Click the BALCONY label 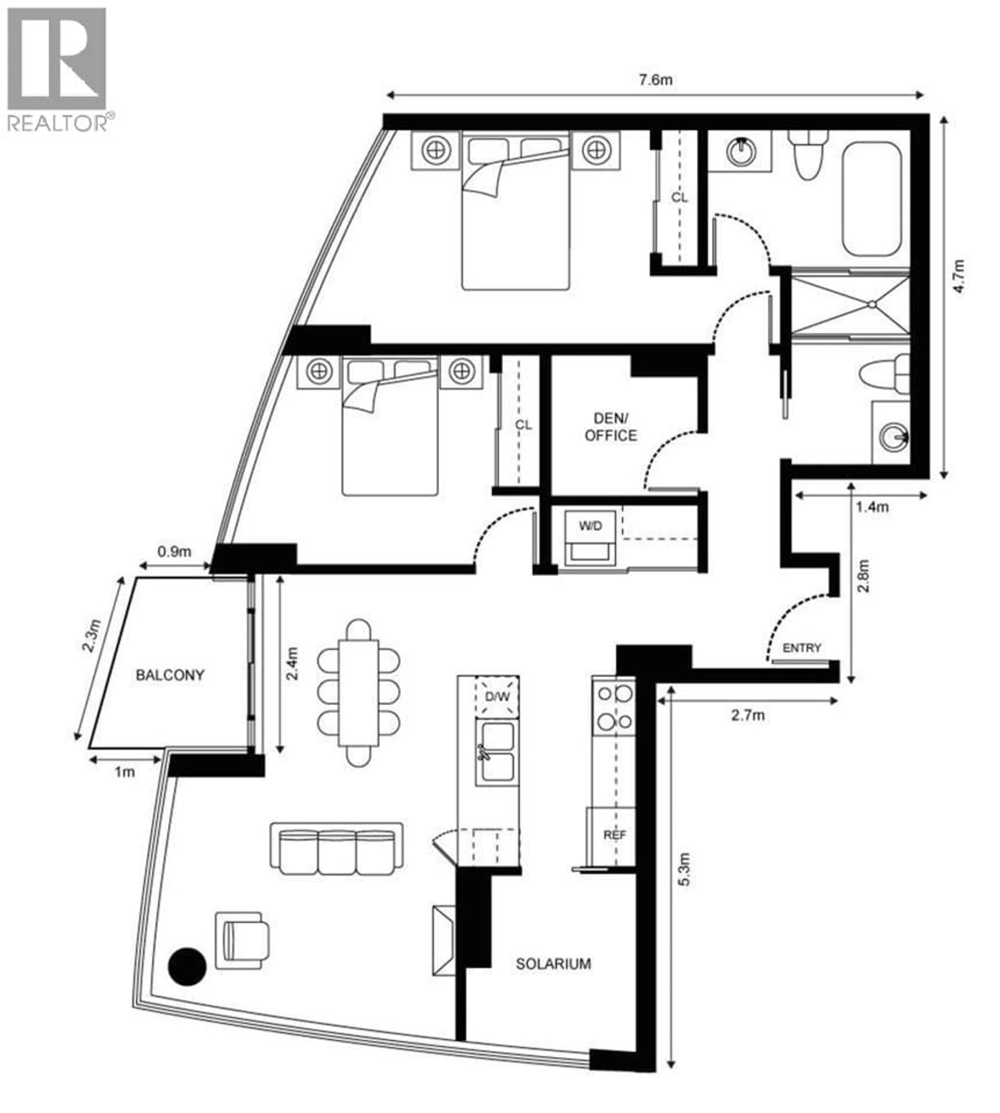pyautogui.click(x=170, y=675)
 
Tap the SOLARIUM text pyautogui.click(x=553, y=963)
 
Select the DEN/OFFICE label pyautogui.click(x=610, y=427)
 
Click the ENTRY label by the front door pyautogui.click(x=802, y=648)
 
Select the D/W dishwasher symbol pyautogui.click(x=497, y=696)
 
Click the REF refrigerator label pyautogui.click(x=614, y=835)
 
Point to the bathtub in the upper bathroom pyautogui.click(x=872, y=199)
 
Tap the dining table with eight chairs pyautogui.click(x=358, y=692)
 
